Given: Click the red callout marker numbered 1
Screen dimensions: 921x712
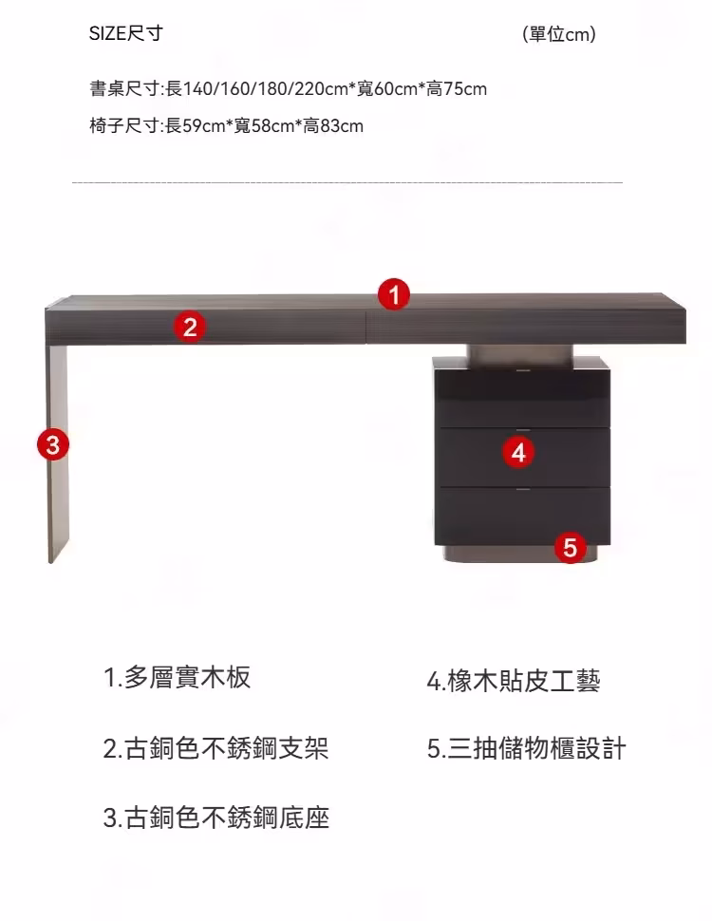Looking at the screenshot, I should [394, 294].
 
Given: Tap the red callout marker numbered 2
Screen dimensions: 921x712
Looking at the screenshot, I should [190, 328].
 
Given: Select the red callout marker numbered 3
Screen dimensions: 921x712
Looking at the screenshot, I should [53, 443].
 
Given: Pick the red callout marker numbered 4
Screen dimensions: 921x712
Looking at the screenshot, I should [518, 452].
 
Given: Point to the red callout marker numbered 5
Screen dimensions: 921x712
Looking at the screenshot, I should [570, 547].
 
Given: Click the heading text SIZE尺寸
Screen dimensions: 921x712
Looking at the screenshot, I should [126, 34].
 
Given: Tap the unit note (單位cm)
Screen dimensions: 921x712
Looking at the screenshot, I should [559, 35].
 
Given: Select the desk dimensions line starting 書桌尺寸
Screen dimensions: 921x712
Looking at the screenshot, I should [289, 89].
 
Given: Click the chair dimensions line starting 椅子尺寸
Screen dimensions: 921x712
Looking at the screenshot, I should [227, 125].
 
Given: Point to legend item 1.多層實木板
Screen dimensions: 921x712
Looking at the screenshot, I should [178, 677].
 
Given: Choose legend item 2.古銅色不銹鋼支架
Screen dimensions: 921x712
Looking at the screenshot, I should [215, 748].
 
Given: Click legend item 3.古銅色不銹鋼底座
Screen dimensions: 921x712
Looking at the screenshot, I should [215, 818].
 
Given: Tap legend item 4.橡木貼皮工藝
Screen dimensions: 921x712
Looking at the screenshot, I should [514, 680].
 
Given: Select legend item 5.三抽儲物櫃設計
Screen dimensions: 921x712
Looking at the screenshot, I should [527, 748].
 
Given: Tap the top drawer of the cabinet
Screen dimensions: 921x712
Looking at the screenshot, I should [522, 393].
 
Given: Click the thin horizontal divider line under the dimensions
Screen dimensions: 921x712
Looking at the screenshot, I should [347, 181].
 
